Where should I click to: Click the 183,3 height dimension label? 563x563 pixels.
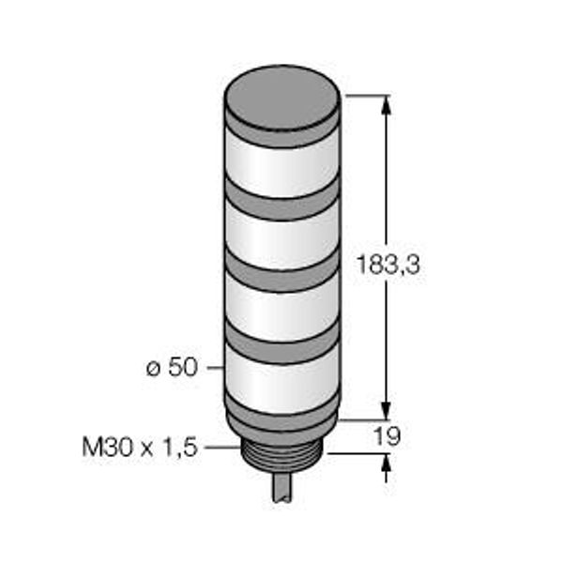pos(388,265)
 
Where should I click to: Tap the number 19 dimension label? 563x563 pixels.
pos(387,436)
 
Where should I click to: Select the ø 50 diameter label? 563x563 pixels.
pos(172,367)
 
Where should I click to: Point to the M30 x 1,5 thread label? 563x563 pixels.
pos(140,448)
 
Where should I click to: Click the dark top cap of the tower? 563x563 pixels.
pos(282,98)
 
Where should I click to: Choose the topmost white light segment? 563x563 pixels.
pos(282,165)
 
